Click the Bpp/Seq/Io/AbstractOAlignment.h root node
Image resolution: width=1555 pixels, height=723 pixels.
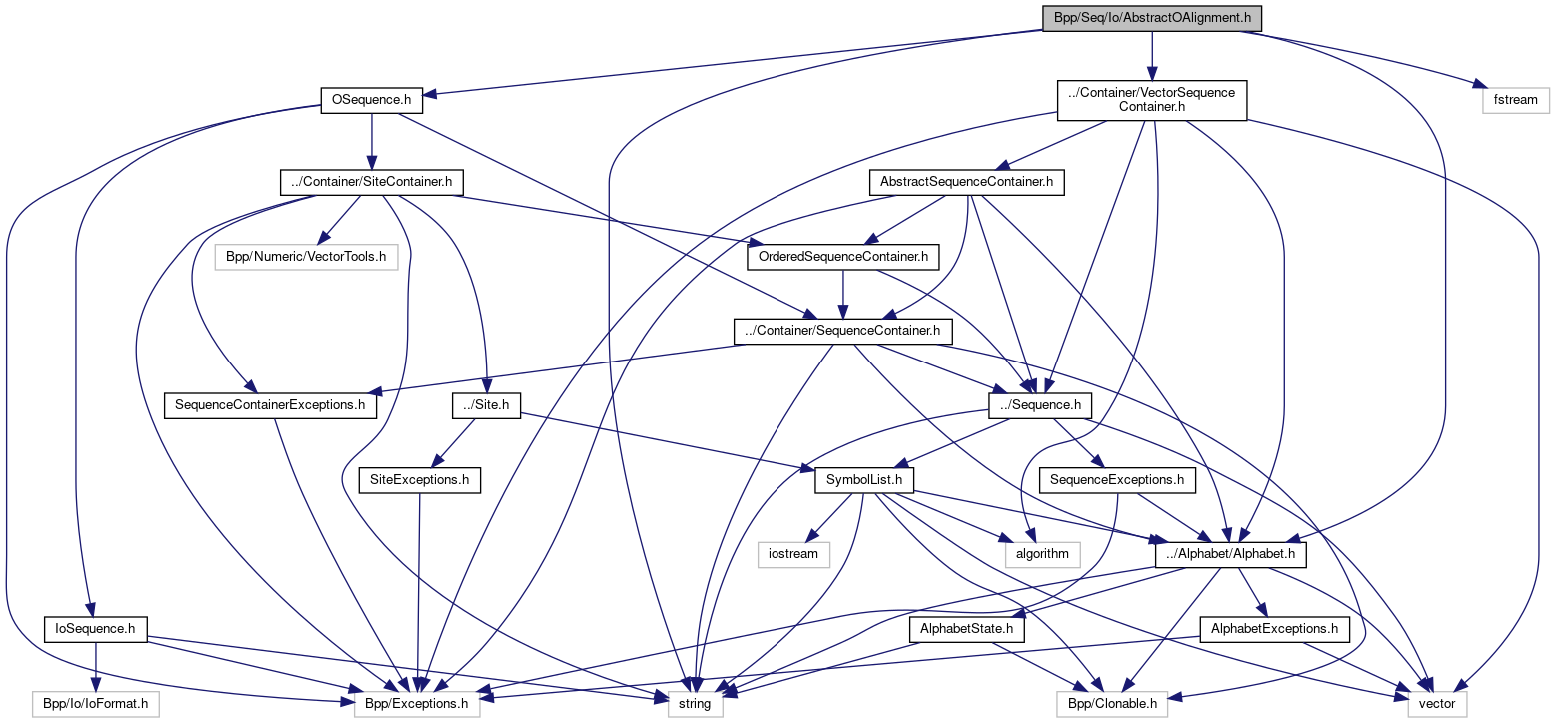point(1152,19)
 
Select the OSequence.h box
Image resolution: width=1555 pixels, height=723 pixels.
point(371,100)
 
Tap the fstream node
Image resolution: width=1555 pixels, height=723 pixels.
point(1515,100)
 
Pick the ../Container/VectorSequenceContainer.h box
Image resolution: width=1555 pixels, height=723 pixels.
point(1152,100)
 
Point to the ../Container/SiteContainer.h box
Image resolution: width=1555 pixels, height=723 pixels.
point(370,182)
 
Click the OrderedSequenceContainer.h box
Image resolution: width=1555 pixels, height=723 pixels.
point(843,257)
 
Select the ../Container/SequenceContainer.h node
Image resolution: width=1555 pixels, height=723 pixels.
point(843,331)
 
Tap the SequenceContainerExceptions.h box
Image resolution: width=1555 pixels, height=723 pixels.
point(270,406)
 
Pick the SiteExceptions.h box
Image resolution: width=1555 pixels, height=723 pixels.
point(420,480)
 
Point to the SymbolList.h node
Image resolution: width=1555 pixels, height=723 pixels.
point(865,480)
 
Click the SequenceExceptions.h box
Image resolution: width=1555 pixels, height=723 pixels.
point(1117,480)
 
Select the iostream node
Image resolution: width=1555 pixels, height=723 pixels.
point(793,554)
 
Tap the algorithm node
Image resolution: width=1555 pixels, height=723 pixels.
point(1043,554)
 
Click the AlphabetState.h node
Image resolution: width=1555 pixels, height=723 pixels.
point(967,629)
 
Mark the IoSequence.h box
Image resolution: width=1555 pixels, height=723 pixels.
point(96,629)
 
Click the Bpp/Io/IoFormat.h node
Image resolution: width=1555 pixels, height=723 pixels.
point(95,704)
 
